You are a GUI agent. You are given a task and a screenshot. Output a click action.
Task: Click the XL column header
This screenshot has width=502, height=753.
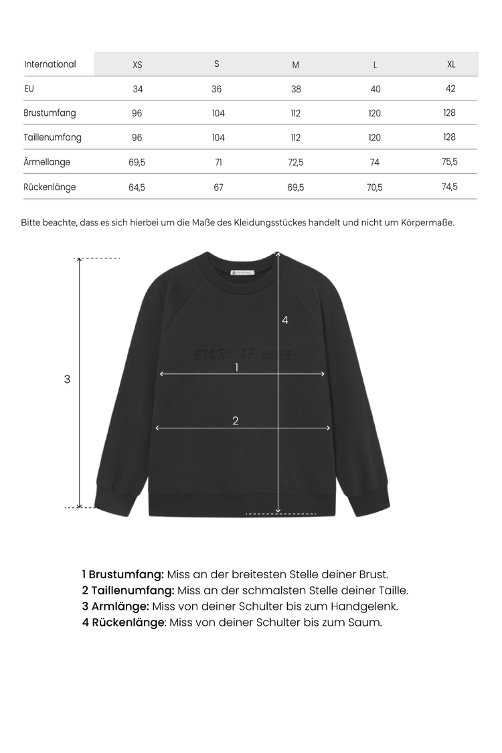pyautogui.click(x=451, y=64)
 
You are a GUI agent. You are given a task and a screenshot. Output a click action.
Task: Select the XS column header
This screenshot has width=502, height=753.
pyautogui.click(x=137, y=65)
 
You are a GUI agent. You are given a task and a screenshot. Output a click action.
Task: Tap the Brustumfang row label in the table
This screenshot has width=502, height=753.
pyautogui.click(x=50, y=113)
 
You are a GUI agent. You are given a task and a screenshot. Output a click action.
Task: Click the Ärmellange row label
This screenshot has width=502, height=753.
pyautogui.click(x=47, y=162)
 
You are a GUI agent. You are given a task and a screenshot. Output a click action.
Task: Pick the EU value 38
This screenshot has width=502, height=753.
pyautogui.click(x=296, y=89)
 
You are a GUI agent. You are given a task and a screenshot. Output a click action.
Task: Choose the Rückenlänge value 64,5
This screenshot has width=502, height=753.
pyautogui.click(x=137, y=187)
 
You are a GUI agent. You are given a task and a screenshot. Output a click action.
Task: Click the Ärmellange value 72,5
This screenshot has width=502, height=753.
pyautogui.click(x=296, y=162)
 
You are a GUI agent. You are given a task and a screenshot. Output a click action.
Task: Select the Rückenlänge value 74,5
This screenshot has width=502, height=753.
pyautogui.click(x=450, y=187)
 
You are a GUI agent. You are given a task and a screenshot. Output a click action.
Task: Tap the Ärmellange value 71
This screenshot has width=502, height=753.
pyautogui.click(x=218, y=162)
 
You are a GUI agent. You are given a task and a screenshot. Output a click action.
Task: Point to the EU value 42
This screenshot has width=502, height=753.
pyautogui.click(x=450, y=88)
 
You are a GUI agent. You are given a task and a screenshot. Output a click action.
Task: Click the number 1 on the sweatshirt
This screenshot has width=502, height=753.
pyautogui.click(x=236, y=367)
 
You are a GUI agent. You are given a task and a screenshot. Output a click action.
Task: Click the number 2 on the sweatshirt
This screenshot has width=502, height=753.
pyautogui.click(x=236, y=421)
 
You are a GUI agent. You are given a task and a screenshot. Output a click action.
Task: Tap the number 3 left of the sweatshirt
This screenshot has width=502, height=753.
pyautogui.click(x=67, y=379)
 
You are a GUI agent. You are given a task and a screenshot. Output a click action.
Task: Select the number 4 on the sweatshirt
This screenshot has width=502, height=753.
pyautogui.click(x=285, y=321)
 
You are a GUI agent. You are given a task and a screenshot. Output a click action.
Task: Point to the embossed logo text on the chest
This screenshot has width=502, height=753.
pyautogui.click(x=243, y=354)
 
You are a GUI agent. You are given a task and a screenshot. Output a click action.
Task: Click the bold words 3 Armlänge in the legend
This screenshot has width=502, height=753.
pyautogui.click(x=115, y=606)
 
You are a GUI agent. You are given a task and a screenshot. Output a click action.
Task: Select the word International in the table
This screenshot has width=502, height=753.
pyautogui.click(x=50, y=64)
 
